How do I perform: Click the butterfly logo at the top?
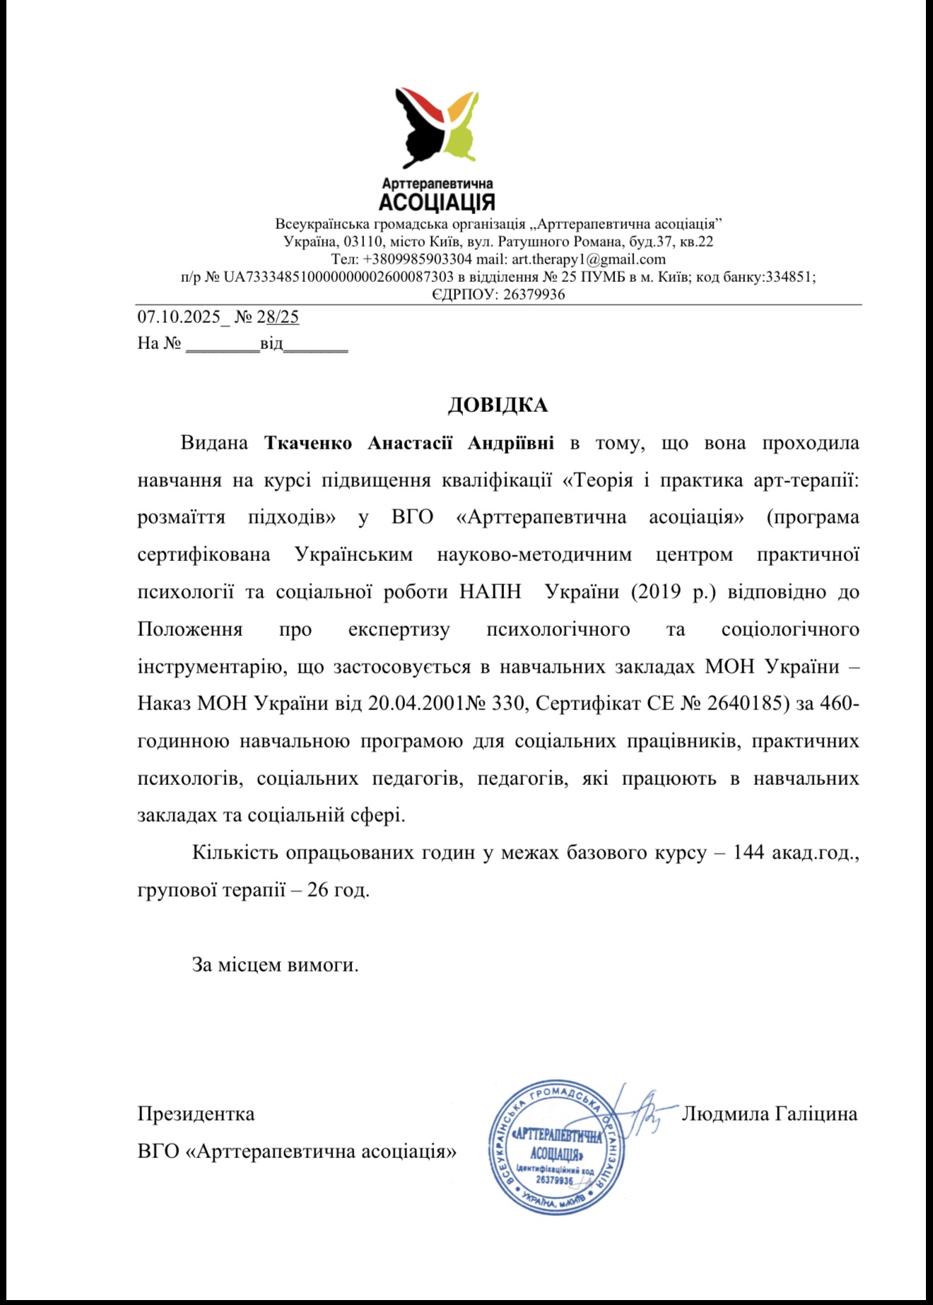click(x=436, y=127)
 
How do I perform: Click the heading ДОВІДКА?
click(x=498, y=405)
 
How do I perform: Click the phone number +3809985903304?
click(x=417, y=259)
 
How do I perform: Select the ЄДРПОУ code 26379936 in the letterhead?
click(x=534, y=295)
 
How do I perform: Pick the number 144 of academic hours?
click(x=749, y=853)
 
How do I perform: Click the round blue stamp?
click(x=556, y=1147)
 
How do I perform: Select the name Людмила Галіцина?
click(x=769, y=1114)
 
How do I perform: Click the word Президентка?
click(x=196, y=1114)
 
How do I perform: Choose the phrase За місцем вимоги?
click(x=275, y=964)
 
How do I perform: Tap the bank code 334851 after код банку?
click(x=790, y=277)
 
